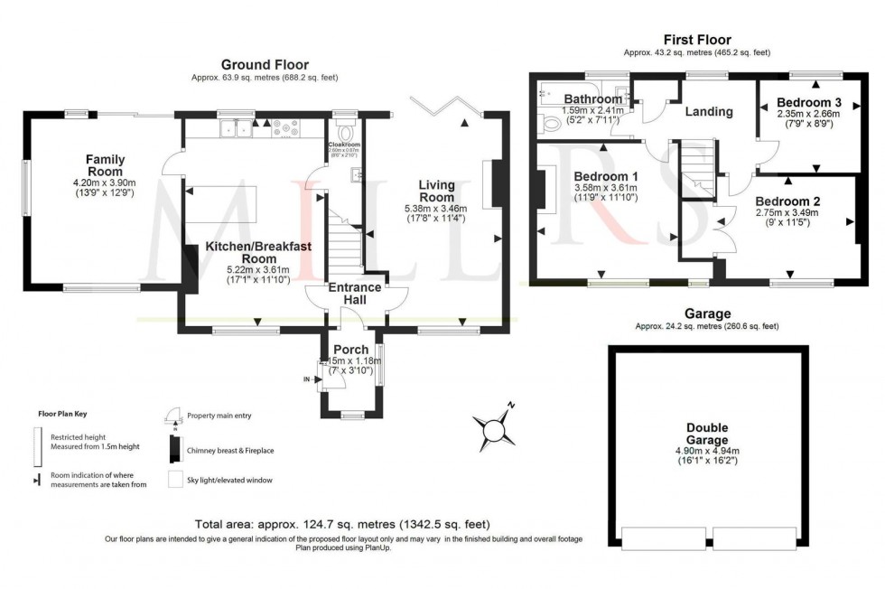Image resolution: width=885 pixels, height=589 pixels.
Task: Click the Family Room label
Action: click(x=105, y=165)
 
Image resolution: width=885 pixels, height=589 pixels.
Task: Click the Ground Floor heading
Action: click(x=265, y=65)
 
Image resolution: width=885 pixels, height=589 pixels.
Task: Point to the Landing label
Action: click(x=708, y=112)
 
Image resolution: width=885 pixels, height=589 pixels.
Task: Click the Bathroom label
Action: click(x=593, y=98)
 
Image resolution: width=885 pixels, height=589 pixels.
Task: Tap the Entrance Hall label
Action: click(x=354, y=294)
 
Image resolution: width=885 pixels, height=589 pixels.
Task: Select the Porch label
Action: click(x=351, y=350)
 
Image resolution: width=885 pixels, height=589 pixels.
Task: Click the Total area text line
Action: click(x=342, y=525)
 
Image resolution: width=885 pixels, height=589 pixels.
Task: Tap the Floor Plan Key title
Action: click(x=61, y=414)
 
